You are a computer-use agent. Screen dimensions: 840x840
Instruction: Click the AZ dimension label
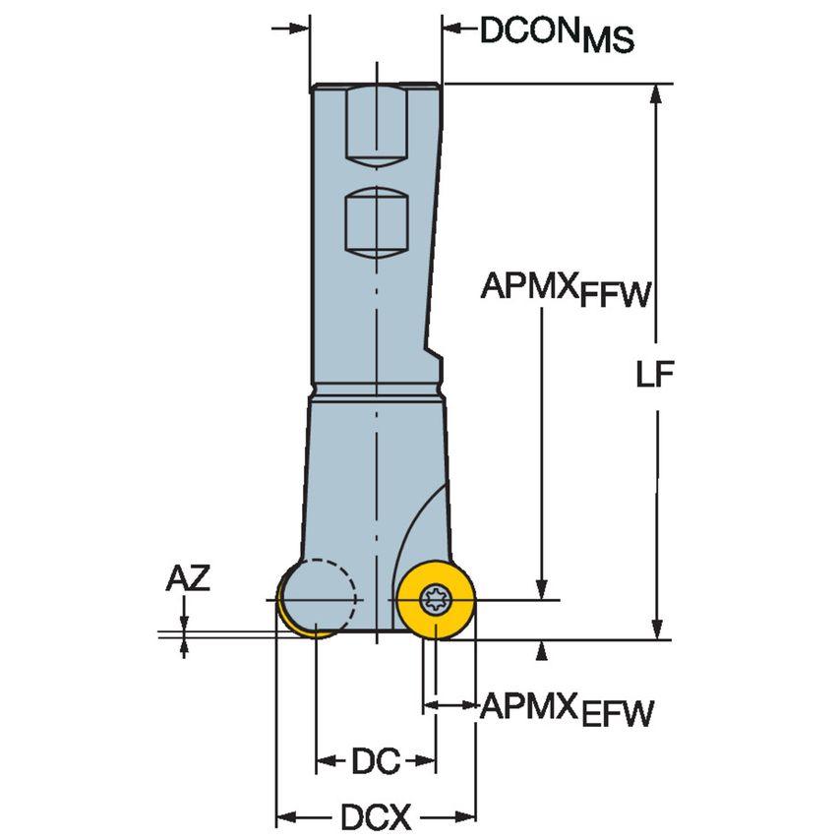click(186, 578)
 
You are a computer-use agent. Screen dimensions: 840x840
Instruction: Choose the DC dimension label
click(375, 760)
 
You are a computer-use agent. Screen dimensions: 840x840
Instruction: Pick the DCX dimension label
click(375, 815)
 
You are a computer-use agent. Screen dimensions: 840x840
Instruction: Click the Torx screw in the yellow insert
click(435, 598)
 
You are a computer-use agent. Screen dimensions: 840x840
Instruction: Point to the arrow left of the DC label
click(324, 760)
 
